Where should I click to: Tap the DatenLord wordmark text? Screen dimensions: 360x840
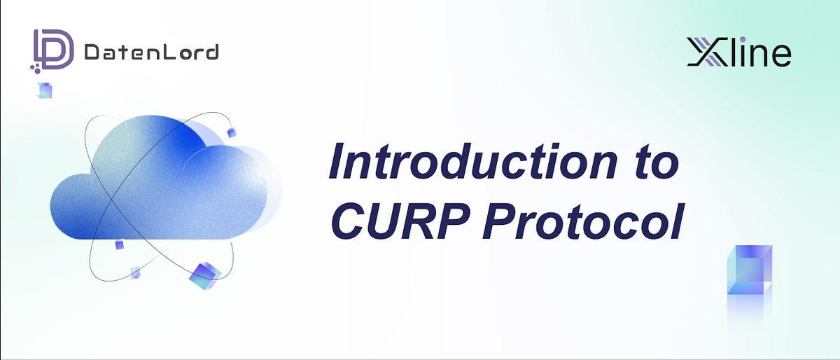click(x=150, y=52)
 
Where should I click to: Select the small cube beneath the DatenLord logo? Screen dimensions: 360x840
click(x=45, y=90)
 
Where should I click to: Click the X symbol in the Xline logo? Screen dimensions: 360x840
click(x=708, y=53)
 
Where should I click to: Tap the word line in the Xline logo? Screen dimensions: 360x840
click(x=760, y=53)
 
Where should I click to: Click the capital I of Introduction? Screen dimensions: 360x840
click(x=338, y=163)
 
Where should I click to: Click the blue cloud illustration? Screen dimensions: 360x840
click(x=161, y=182)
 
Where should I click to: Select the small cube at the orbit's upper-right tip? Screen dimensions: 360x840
click(x=232, y=133)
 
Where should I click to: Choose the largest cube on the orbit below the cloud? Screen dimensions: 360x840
click(x=204, y=275)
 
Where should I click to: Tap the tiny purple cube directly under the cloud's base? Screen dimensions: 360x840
click(x=119, y=244)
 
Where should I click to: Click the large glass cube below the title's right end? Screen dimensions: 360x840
click(x=749, y=270)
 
